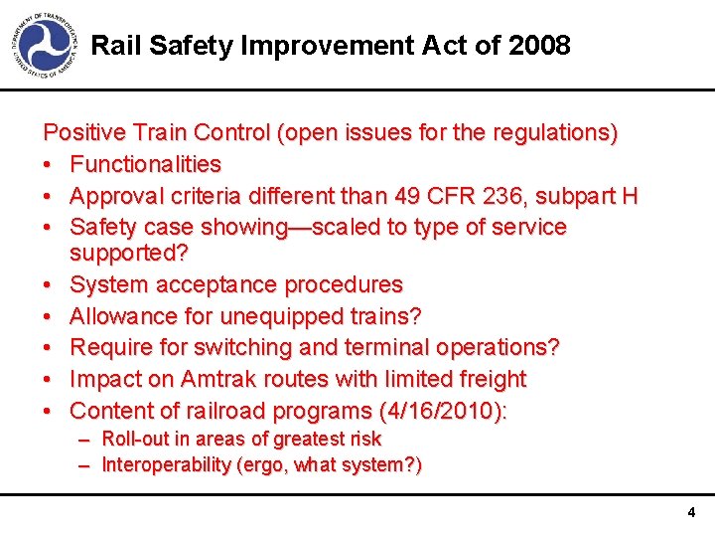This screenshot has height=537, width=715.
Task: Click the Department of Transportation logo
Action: [45, 45]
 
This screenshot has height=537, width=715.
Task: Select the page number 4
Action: [691, 513]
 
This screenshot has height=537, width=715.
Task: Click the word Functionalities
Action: [146, 164]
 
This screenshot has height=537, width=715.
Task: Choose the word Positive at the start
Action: [78, 132]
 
